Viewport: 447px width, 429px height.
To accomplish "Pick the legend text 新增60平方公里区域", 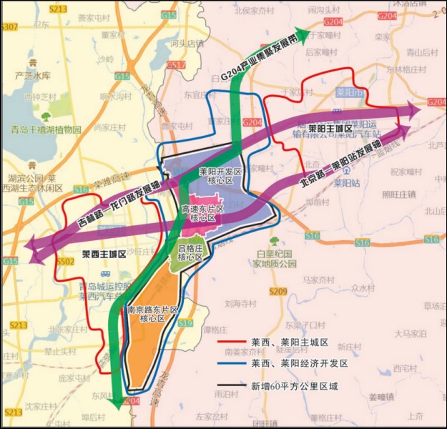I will click(x=294, y=386).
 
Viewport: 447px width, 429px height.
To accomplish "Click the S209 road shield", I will click(x=279, y=291).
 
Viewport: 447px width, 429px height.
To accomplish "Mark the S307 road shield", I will click(x=9, y=26).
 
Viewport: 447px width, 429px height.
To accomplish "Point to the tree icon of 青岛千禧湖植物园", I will click(x=47, y=117).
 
